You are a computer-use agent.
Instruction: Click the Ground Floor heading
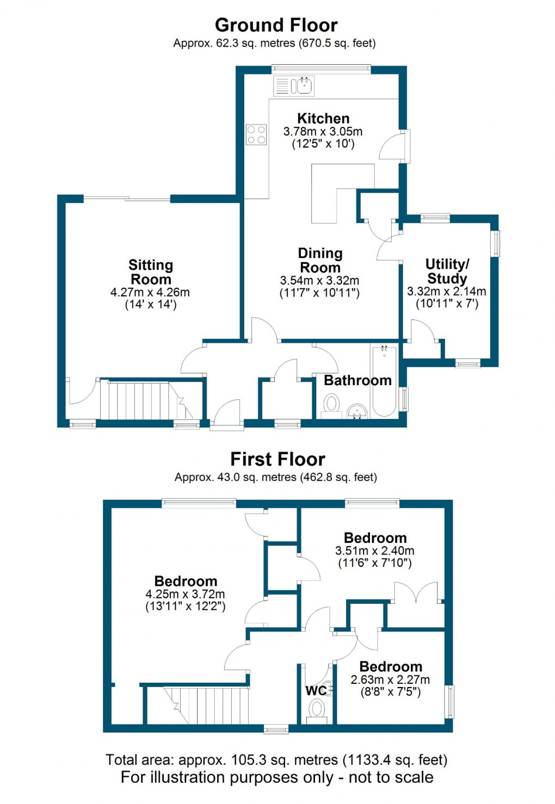[x=276, y=25]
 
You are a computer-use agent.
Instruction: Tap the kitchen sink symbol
[x=302, y=86]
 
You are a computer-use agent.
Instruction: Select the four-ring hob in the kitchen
[x=256, y=134]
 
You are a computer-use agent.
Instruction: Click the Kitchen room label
[x=323, y=119]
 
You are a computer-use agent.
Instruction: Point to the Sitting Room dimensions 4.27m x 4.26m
[x=150, y=292]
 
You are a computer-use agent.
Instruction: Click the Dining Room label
[x=320, y=260]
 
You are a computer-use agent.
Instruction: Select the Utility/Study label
[x=447, y=271]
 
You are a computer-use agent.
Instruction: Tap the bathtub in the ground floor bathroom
[x=384, y=381]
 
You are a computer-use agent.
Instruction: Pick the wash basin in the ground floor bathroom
[x=357, y=411]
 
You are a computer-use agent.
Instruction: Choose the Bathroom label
[x=357, y=380]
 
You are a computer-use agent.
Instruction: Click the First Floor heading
[x=277, y=459]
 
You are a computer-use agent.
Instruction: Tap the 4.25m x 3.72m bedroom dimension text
[x=185, y=594]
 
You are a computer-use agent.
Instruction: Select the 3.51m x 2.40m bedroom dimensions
[x=375, y=551]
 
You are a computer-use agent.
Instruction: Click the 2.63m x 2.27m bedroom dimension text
[x=390, y=679]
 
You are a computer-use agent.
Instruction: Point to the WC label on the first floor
[x=316, y=690]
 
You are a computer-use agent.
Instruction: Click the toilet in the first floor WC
[x=317, y=709]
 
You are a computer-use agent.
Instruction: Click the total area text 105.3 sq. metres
[x=276, y=759]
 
